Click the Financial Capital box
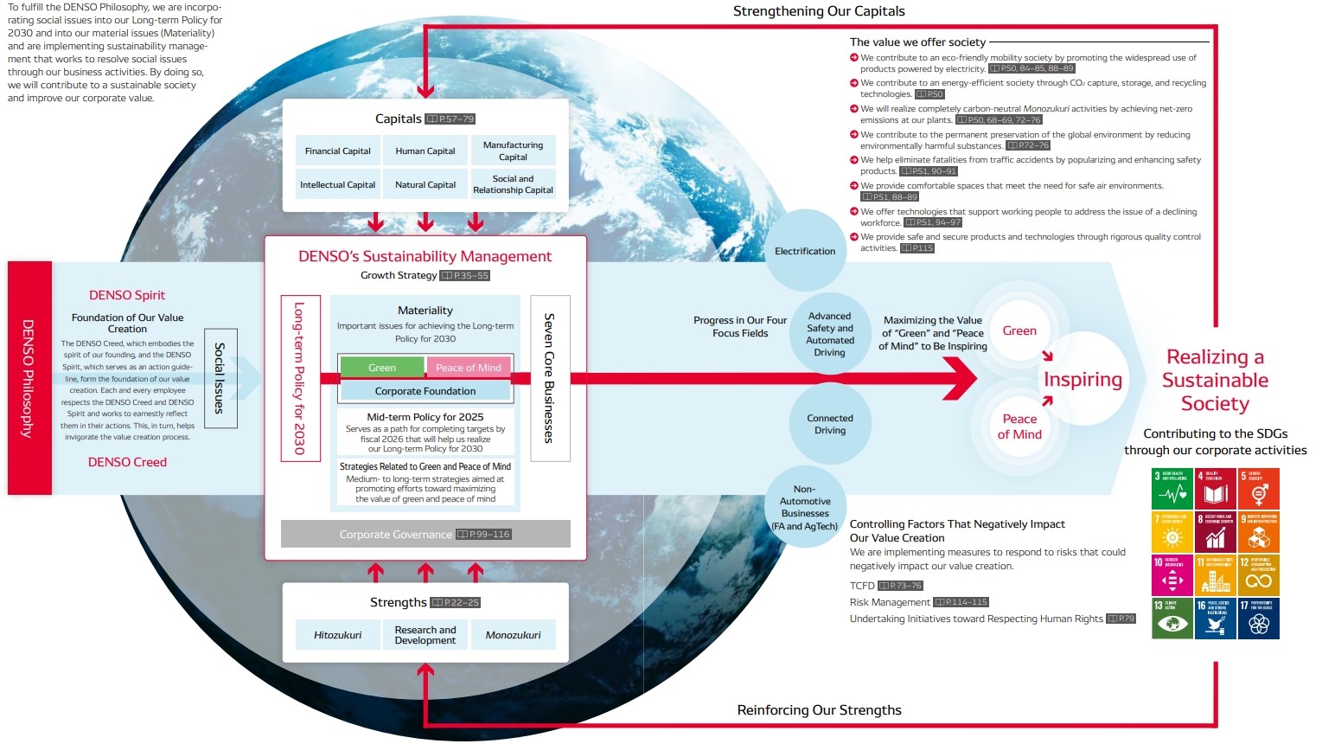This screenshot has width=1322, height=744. [337, 151]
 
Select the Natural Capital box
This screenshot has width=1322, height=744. [425, 184]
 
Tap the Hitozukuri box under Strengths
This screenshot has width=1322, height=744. [337, 635]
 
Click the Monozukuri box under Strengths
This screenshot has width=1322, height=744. [513, 635]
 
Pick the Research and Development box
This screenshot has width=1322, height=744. [425, 635]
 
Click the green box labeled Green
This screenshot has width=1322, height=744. [381, 368]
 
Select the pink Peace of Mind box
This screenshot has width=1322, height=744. [468, 368]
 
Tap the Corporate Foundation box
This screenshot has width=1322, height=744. [425, 391]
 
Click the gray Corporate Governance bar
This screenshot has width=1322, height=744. [425, 534]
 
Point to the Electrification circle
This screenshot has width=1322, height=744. [805, 251]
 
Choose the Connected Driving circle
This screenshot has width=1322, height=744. [829, 424]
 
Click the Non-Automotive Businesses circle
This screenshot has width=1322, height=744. [805, 508]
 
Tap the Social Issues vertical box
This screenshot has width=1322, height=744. [220, 378]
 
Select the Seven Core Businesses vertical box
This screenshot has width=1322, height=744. [549, 378]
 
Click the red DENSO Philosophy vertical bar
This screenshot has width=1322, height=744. [29, 378]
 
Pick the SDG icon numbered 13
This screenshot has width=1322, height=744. [1172, 619]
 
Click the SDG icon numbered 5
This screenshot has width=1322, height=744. [1259, 489]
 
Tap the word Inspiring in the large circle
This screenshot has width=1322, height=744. [1083, 380]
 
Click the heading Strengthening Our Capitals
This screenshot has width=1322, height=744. [819, 11]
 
